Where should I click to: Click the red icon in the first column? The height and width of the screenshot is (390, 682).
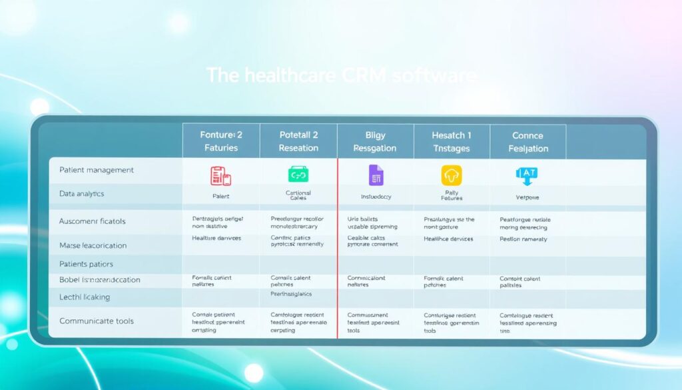pyautogui.click(x=220, y=175)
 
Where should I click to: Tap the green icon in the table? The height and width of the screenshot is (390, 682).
pyautogui.click(x=298, y=175)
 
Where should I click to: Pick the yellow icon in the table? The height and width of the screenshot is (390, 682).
pyautogui.click(x=451, y=175)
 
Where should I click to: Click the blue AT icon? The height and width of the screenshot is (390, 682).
pyautogui.click(x=526, y=175)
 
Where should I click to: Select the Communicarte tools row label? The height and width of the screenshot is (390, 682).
pyautogui.click(x=97, y=321)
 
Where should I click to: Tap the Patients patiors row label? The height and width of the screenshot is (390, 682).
pyautogui.click(x=86, y=264)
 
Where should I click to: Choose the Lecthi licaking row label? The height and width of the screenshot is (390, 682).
pyautogui.click(x=85, y=297)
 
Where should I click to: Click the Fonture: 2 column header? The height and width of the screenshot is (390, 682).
pyautogui.click(x=221, y=141)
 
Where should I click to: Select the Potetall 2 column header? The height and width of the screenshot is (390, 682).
pyautogui.click(x=298, y=141)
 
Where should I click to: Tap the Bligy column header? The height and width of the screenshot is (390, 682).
pyautogui.click(x=375, y=141)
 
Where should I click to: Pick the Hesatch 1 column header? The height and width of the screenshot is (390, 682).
pyautogui.click(x=451, y=141)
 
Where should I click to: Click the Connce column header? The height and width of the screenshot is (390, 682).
pyautogui.click(x=528, y=141)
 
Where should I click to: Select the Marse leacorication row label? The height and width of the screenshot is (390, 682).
pyautogui.click(x=93, y=245)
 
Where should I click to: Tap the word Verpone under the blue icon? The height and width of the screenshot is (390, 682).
pyautogui.click(x=527, y=197)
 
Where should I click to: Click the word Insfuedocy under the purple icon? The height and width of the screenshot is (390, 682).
pyautogui.click(x=375, y=197)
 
